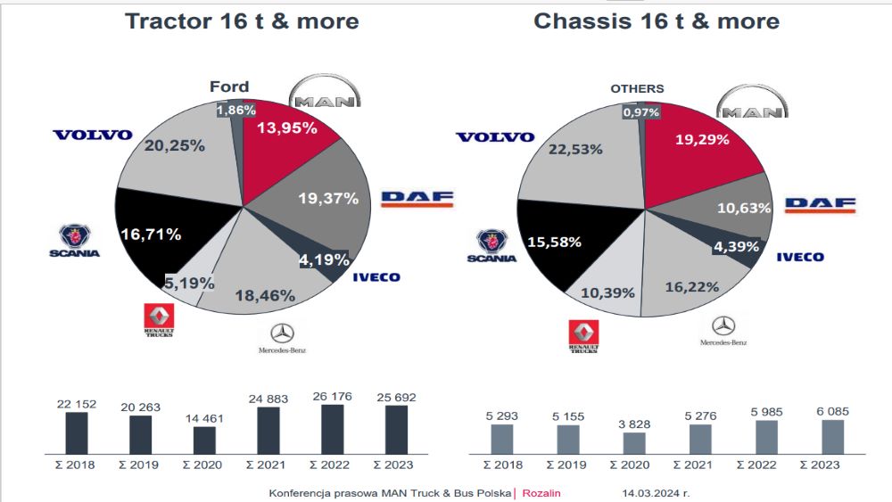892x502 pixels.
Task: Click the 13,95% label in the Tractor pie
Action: point(287,128)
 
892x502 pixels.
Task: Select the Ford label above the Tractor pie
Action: point(229,86)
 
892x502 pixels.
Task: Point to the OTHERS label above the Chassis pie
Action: point(637,88)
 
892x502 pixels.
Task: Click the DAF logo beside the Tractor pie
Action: point(417,198)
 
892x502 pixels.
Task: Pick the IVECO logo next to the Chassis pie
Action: point(799,257)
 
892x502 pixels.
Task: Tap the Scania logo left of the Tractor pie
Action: point(74,241)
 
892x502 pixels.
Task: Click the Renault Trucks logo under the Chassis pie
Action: point(583,337)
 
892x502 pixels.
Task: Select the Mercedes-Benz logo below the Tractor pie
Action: point(282,339)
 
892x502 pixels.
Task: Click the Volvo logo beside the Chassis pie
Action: point(495,137)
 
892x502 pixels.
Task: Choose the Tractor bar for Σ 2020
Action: point(204,440)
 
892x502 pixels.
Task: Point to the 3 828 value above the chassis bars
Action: point(634,424)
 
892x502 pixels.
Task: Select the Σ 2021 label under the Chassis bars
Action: point(700,465)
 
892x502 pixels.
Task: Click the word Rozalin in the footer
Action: point(541,492)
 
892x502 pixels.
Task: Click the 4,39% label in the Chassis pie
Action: point(734,245)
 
